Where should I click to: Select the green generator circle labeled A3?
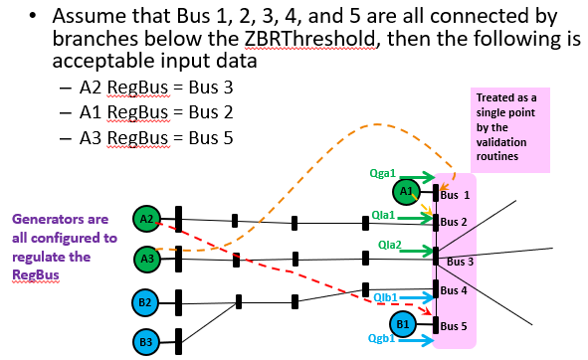click(x=146, y=259)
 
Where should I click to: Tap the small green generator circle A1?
click(x=405, y=191)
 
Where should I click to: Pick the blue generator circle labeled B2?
click(x=146, y=302)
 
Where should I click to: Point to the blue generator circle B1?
click(x=403, y=323)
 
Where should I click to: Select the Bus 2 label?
click(x=455, y=221)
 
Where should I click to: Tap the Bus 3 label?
click(x=461, y=262)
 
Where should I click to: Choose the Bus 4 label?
click(x=455, y=290)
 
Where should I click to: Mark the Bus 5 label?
click(x=455, y=325)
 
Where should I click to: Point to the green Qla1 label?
click(x=383, y=215)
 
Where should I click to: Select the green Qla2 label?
click(x=390, y=245)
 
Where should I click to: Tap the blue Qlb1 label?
click(x=387, y=297)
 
